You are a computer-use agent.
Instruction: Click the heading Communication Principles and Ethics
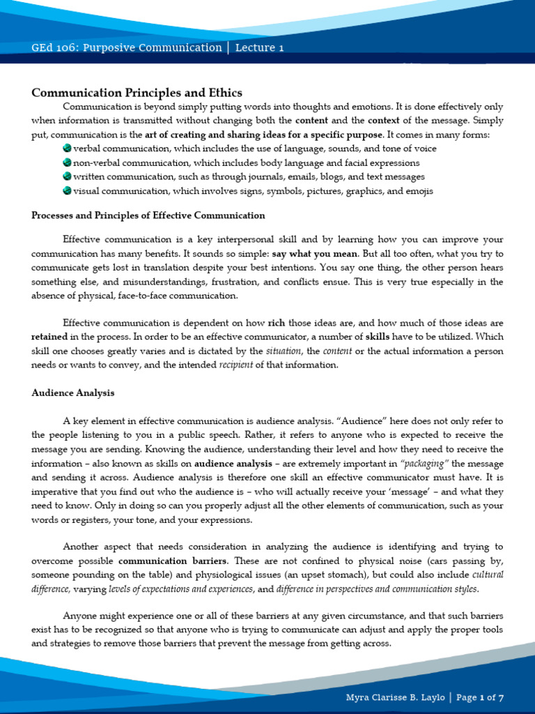click(137, 93)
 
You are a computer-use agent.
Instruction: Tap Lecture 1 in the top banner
click(259, 48)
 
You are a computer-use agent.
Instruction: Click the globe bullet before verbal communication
click(67, 149)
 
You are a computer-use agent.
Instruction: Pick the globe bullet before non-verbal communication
click(67, 162)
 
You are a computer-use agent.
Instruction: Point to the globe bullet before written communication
click(67, 176)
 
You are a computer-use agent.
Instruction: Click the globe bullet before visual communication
click(67, 190)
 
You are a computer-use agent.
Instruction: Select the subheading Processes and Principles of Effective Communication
click(148, 215)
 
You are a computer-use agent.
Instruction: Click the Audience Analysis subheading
click(73, 393)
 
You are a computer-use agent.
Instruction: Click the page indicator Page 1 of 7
click(480, 697)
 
